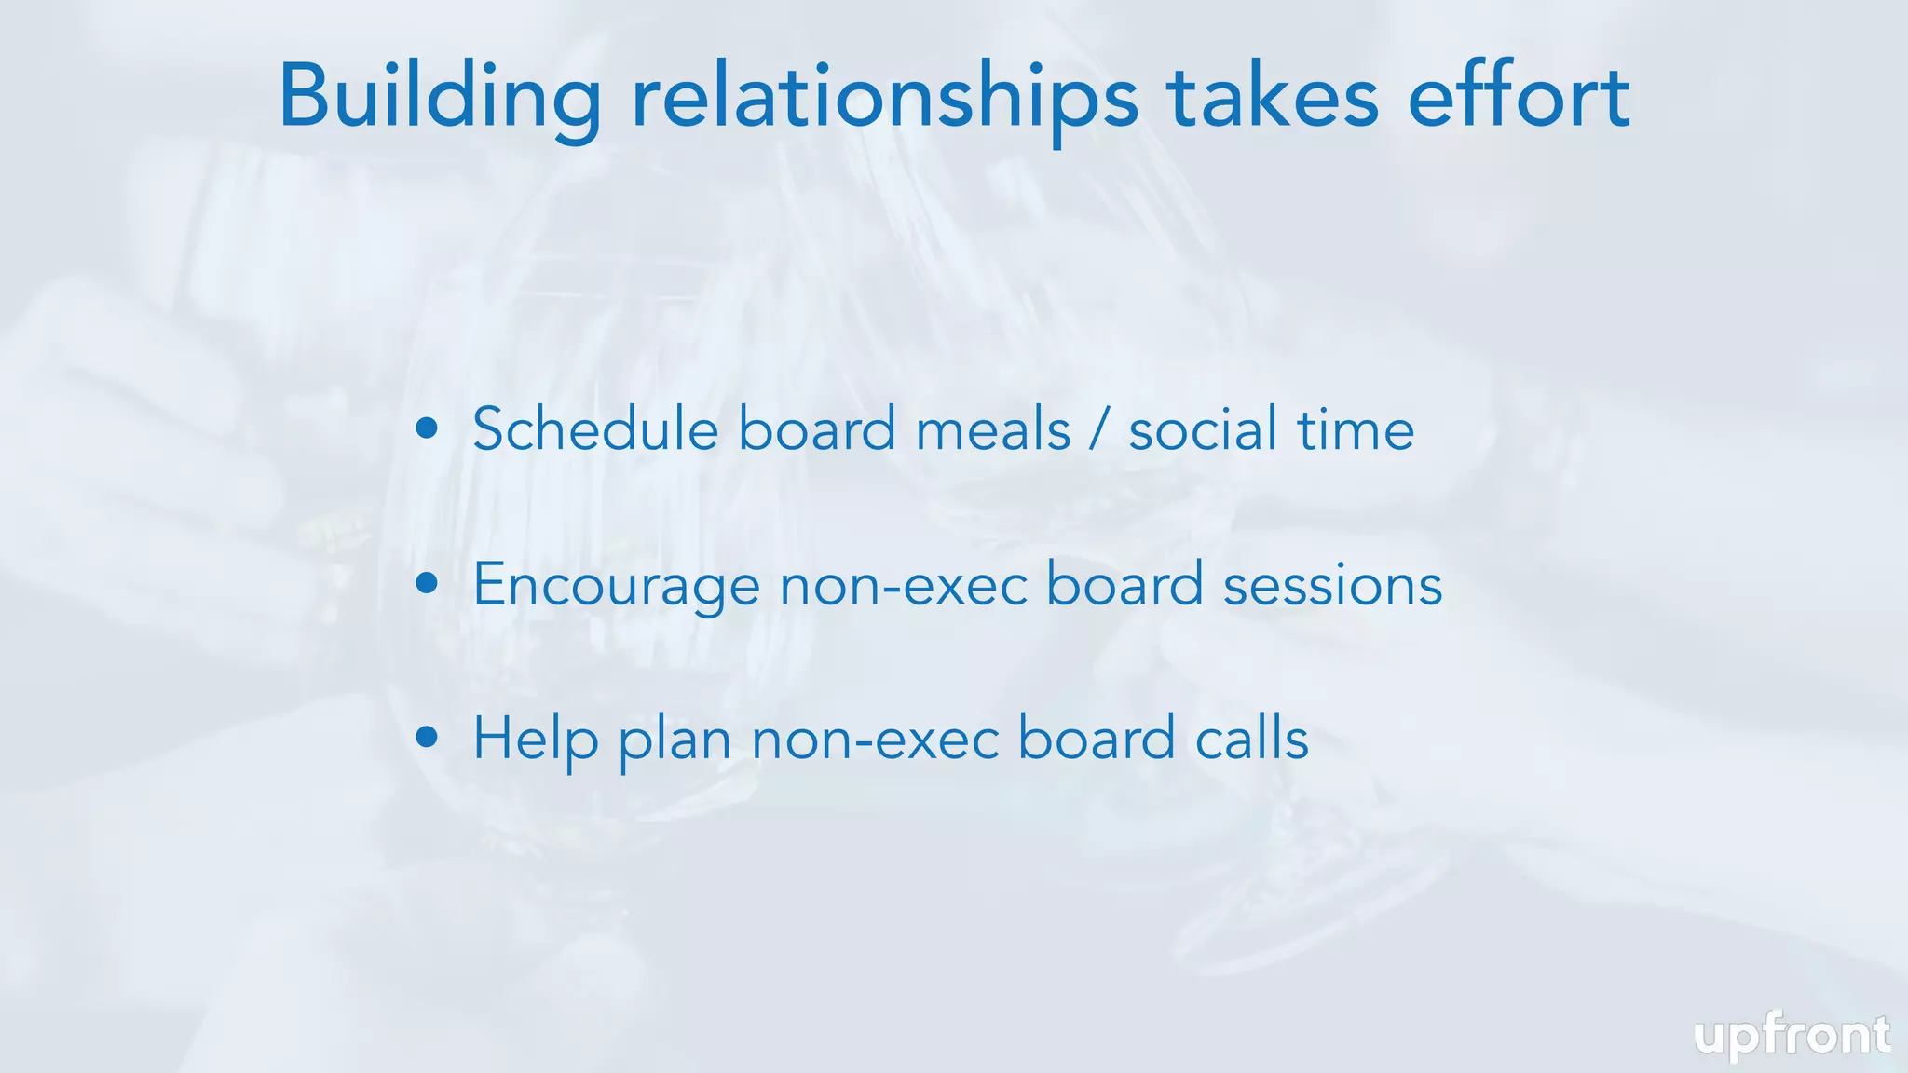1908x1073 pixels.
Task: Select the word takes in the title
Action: tap(1273, 98)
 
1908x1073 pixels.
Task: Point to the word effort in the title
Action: tap(1519, 98)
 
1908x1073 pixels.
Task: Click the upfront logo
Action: tap(1792, 1037)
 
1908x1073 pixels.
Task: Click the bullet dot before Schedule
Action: tap(428, 428)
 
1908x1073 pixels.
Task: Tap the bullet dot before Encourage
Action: tap(428, 583)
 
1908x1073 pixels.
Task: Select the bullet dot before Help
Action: tap(428, 738)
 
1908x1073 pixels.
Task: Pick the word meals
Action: tap(993, 431)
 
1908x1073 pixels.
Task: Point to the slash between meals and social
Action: tap(1100, 431)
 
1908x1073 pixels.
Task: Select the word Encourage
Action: tap(616, 587)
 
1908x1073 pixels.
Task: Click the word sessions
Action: tap(1332, 587)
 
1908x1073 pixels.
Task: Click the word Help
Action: tap(536, 740)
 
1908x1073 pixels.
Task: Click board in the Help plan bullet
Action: tap(1096, 739)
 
